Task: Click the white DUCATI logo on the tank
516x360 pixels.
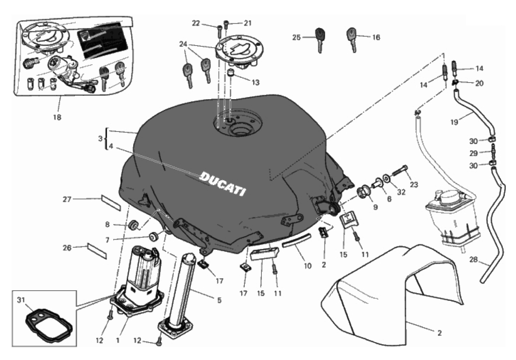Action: click(223, 183)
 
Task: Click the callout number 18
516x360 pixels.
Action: click(57, 117)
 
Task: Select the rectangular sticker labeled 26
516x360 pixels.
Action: click(97, 251)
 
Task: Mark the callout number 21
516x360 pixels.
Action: click(247, 23)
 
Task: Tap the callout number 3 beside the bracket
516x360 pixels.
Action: click(100, 138)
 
